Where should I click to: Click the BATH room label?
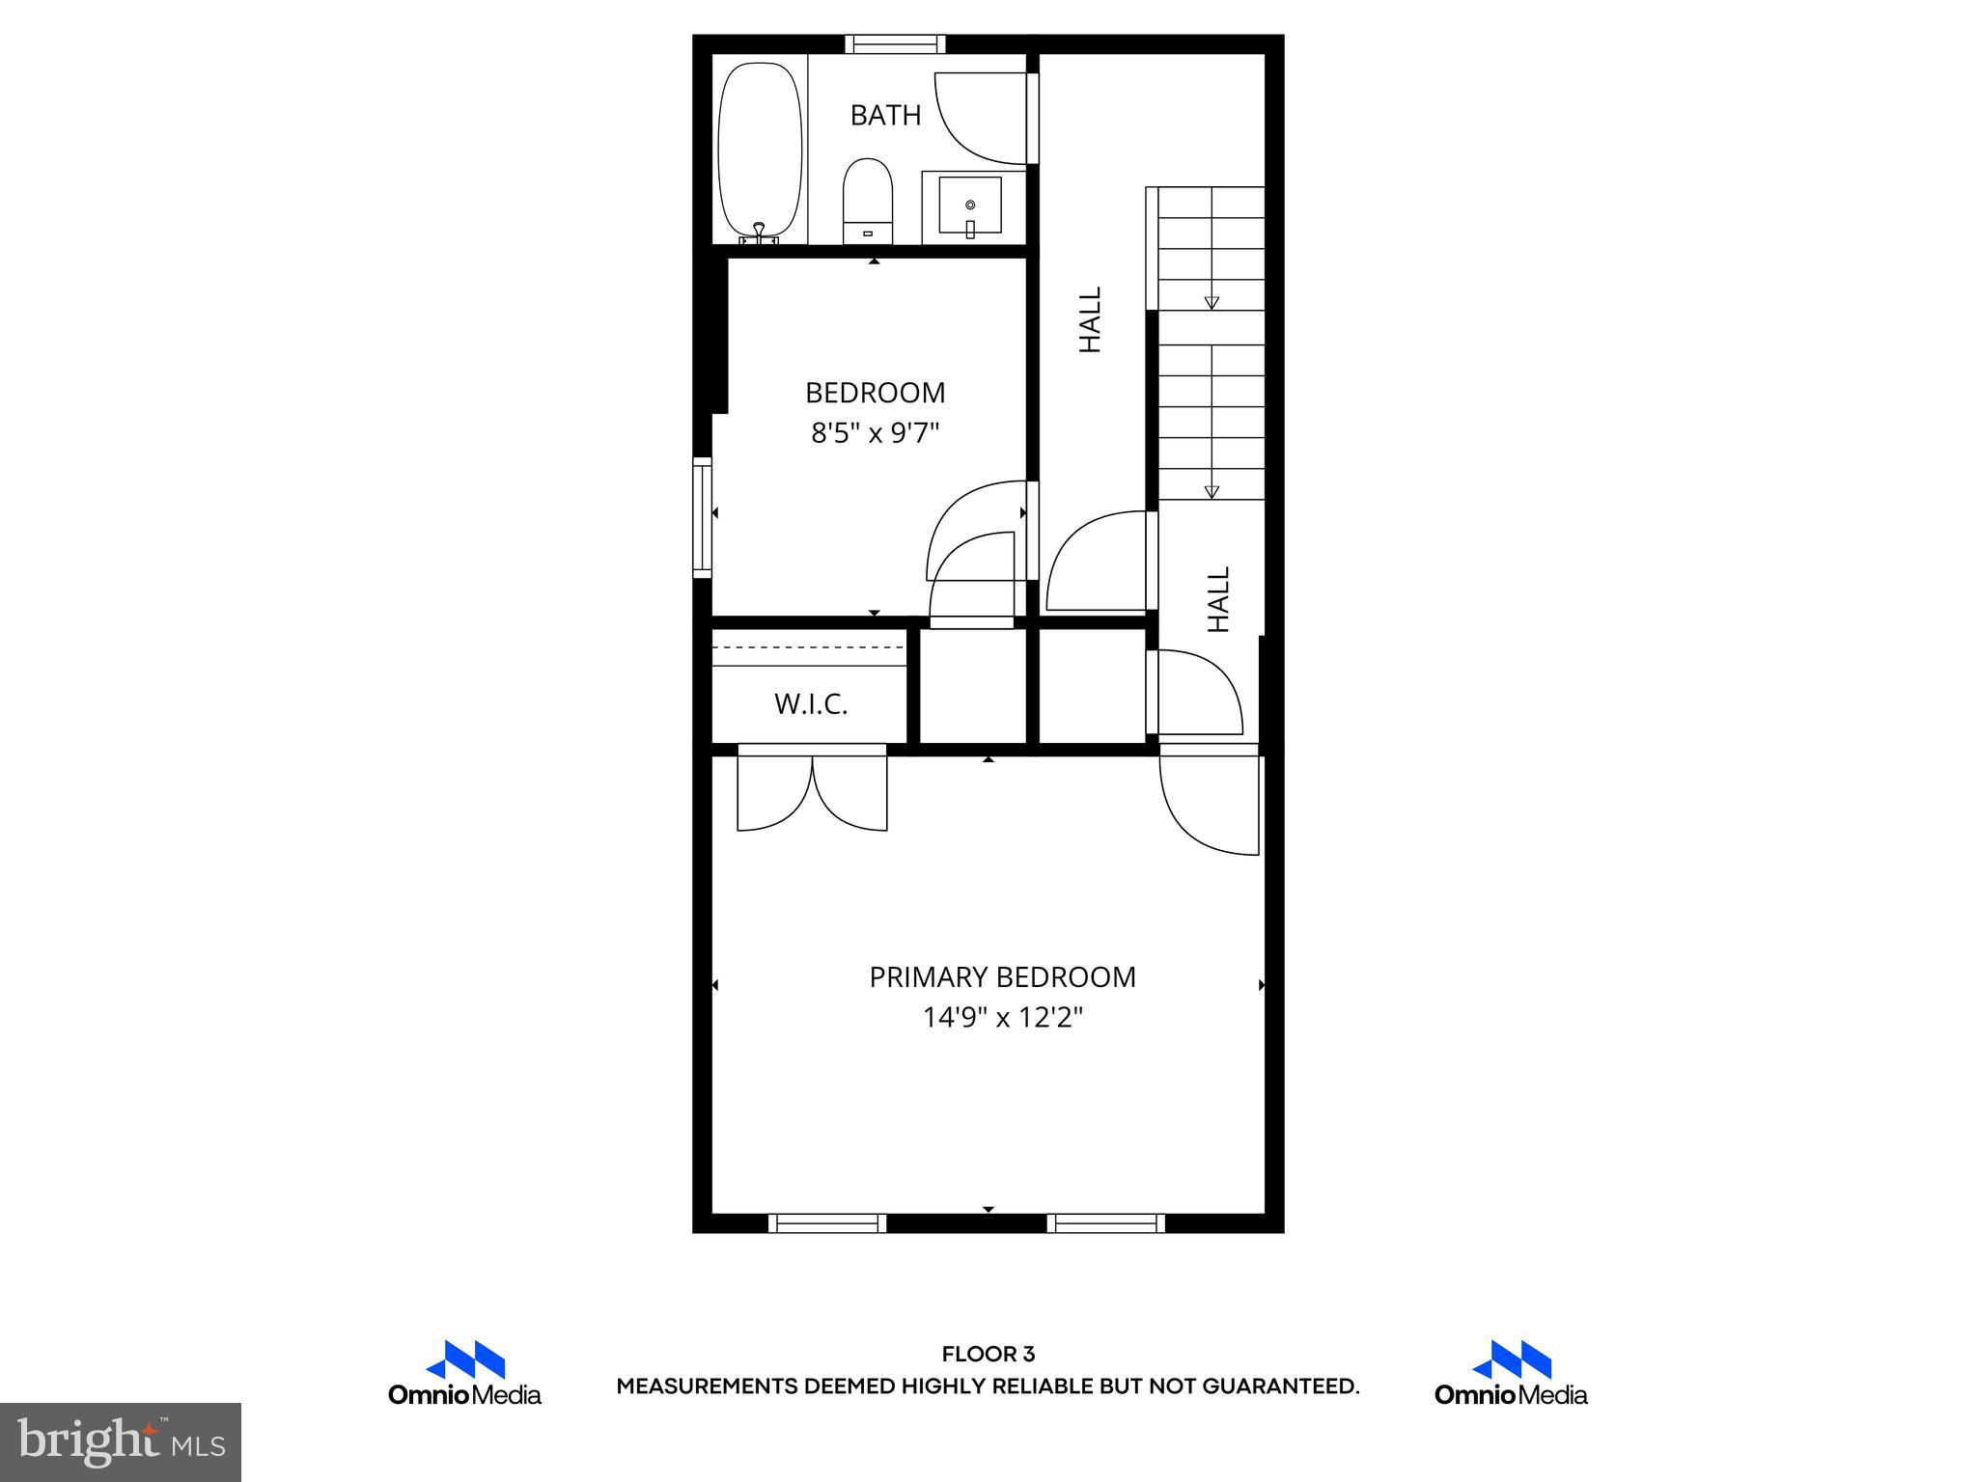click(884, 116)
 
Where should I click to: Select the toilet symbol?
click(867, 202)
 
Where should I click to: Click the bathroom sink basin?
click(969, 206)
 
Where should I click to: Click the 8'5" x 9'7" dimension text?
click(875, 433)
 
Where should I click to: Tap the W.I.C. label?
click(811, 704)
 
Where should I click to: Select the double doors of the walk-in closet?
click(812, 788)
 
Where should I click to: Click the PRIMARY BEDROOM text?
click(1002, 977)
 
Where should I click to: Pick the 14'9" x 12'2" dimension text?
click(1002, 1018)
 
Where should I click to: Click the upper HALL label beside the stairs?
click(1090, 319)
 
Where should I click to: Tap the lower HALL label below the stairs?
click(1219, 599)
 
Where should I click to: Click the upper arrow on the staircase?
click(1211, 302)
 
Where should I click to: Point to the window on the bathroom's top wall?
click(895, 44)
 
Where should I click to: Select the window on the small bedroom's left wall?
click(703, 518)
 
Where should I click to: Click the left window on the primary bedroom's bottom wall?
click(827, 1223)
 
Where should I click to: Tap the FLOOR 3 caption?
click(988, 1355)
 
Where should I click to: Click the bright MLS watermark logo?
click(121, 1441)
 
